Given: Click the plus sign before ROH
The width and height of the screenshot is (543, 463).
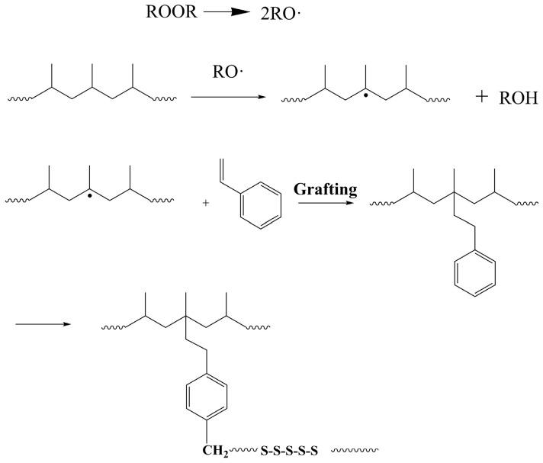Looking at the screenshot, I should coord(481,98).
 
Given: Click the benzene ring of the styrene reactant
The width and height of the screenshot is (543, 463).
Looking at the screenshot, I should coord(254,207).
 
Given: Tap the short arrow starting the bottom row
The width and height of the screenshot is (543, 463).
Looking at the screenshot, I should coord(43,325).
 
